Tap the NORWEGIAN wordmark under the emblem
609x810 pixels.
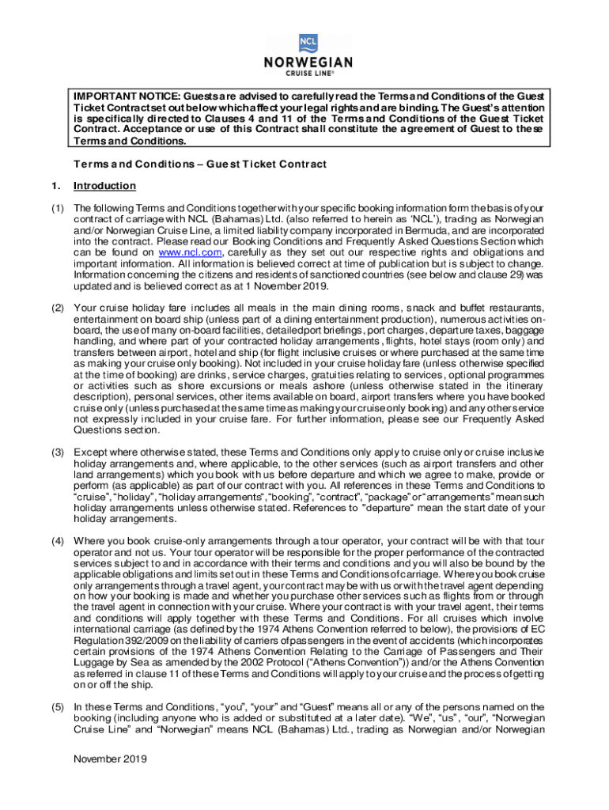click(308, 63)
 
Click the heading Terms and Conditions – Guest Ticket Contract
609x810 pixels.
click(200, 164)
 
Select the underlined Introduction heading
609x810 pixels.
click(104, 186)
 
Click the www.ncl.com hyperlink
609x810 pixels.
click(182, 252)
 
